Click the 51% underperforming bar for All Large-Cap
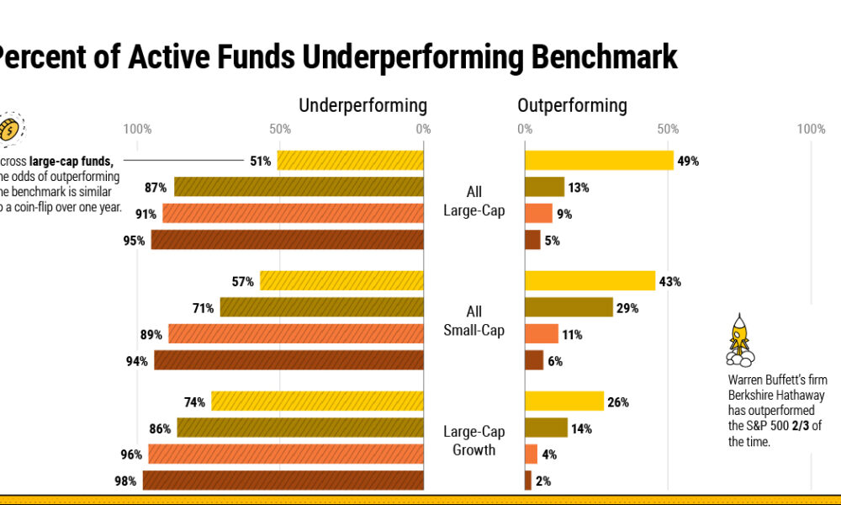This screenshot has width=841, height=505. pyautogui.click(x=350, y=160)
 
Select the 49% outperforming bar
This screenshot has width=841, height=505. pyautogui.click(x=599, y=160)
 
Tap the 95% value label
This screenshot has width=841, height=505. pyautogui.click(x=134, y=241)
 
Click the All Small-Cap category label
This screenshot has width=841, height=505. pyautogui.click(x=474, y=321)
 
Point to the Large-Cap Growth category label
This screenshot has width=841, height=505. pyautogui.click(x=474, y=440)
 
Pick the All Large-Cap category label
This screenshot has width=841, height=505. pyautogui.click(x=474, y=200)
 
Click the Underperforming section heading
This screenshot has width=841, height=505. pyautogui.click(x=362, y=105)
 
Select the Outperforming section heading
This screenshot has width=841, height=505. pyautogui.click(x=572, y=105)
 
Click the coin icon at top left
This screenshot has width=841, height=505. pyautogui.click(x=9, y=129)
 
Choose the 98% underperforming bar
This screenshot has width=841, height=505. pyautogui.click(x=283, y=481)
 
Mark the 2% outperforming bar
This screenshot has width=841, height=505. pyautogui.click(x=528, y=481)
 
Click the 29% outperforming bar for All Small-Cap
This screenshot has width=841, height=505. pyautogui.click(x=569, y=307)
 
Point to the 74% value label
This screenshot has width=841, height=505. pyautogui.click(x=195, y=401)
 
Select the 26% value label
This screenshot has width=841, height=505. pyautogui.click(x=618, y=401)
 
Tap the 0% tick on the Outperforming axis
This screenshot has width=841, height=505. pyautogui.click(x=525, y=129)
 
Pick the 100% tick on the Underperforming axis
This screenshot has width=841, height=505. pyautogui.click(x=137, y=129)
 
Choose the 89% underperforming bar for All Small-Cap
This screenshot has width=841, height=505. pyautogui.click(x=295, y=334)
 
